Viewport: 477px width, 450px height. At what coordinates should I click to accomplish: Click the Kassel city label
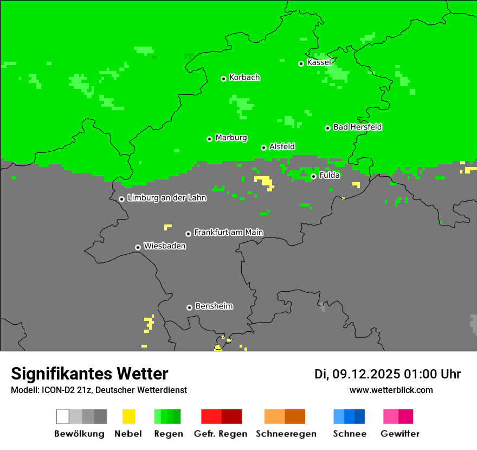(319, 62)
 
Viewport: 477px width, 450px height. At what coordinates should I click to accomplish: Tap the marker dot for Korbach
(223, 79)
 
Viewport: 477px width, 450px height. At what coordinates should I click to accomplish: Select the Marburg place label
(231, 138)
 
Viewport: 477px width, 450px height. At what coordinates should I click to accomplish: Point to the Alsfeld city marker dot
(263, 147)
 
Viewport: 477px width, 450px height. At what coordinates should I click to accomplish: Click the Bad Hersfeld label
(357, 127)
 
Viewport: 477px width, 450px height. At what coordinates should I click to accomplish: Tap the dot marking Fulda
(313, 176)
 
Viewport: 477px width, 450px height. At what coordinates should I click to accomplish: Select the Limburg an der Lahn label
(166, 198)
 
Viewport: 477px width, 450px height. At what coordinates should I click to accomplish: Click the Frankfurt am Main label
(228, 232)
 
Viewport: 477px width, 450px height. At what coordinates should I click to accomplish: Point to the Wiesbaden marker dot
(138, 247)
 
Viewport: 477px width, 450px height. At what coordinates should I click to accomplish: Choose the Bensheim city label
(214, 306)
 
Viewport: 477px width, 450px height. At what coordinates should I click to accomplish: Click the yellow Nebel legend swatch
(128, 416)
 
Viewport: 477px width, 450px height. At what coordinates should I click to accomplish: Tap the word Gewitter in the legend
(400, 434)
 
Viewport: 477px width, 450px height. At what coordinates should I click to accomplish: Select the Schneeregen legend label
(286, 434)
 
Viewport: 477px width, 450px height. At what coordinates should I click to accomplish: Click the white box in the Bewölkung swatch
(63, 416)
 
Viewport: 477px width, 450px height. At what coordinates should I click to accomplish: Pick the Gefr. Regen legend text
(221, 434)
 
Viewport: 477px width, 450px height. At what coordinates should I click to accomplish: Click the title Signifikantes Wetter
(89, 374)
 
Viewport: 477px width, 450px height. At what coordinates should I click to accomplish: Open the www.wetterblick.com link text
(391, 390)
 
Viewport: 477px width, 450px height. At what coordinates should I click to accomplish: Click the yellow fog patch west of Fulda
(264, 181)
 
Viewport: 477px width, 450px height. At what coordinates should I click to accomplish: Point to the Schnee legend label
(349, 434)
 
